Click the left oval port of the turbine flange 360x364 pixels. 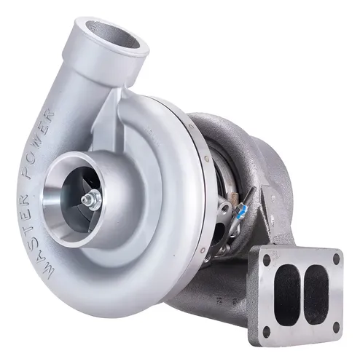(286, 293)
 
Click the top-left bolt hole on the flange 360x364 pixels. (267, 260)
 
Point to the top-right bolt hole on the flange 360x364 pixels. (337, 258)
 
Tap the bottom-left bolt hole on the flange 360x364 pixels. (266, 331)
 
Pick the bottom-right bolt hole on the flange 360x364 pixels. (336, 327)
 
